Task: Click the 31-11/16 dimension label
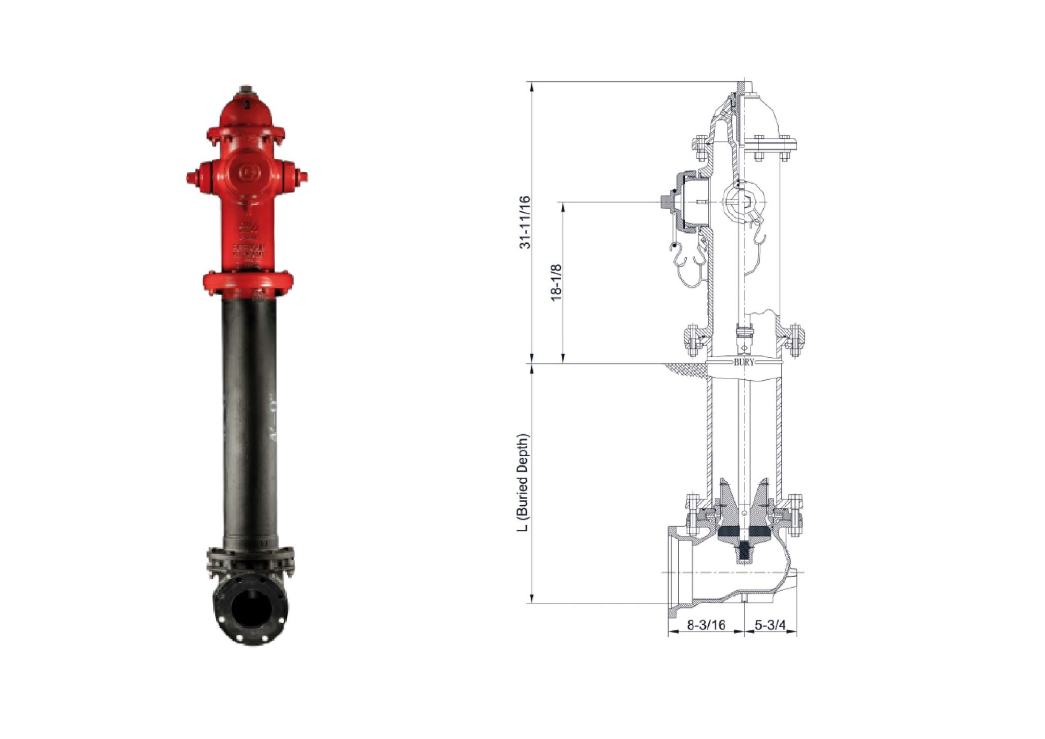[x=525, y=223]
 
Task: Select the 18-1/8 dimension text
[x=556, y=282]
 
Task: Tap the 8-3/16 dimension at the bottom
[x=706, y=625]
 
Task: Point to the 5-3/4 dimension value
[x=770, y=625]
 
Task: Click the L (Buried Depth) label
[x=523, y=483]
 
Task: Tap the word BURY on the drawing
[x=743, y=362]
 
